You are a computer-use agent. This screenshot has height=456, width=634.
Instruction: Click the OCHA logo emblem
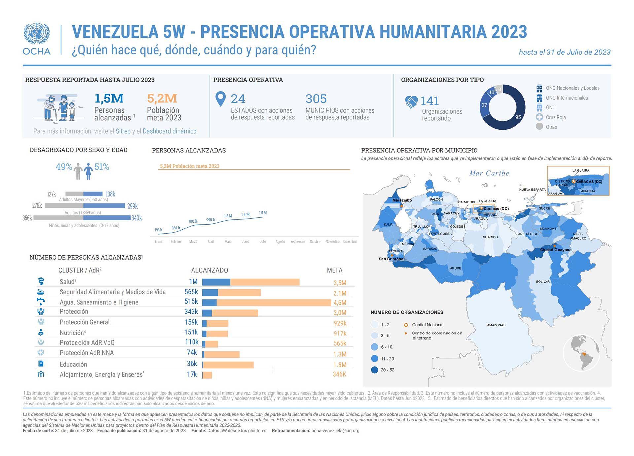tap(37, 34)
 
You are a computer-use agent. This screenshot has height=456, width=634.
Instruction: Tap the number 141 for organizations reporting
tap(429, 101)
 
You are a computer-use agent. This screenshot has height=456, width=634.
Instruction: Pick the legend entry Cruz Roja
tap(556, 117)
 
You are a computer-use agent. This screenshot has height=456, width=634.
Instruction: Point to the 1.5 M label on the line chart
tap(263, 213)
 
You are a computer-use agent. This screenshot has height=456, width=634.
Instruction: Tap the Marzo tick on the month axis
tap(193, 242)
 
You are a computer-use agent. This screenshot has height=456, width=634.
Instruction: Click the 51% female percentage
tap(102, 167)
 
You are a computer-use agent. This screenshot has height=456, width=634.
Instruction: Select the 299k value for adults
tap(132, 206)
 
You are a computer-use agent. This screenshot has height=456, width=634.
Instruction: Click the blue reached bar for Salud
tap(216, 282)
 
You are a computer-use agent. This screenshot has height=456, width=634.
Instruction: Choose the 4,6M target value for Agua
tap(340, 303)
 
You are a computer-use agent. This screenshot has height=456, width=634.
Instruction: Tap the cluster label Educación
tap(73, 364)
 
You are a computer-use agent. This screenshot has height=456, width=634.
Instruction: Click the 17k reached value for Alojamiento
tap(192, 374)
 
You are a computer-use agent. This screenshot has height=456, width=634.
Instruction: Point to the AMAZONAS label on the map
tap(496, 325)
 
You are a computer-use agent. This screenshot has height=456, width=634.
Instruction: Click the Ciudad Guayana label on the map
tap(555, 250)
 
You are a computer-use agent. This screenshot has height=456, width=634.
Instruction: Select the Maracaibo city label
tap(402, 200)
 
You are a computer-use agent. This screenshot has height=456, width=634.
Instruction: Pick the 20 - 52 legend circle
tap(374, 370)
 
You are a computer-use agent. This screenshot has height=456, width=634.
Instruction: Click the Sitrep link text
tap(123, 131)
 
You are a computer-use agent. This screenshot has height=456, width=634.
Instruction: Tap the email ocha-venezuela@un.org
tap(335, 431)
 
